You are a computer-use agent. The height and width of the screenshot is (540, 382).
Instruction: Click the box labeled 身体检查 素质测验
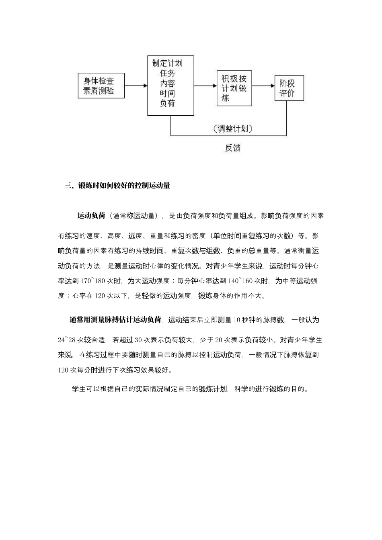tap(101, 86)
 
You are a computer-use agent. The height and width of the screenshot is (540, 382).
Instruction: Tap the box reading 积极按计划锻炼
tap(234, 88)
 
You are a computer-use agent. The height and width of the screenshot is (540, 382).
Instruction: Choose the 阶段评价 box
tap(289, 88)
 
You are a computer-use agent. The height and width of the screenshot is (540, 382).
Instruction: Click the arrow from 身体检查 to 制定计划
tap(136, 85)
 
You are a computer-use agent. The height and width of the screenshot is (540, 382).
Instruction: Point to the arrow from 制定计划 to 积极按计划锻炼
tap(205, 86)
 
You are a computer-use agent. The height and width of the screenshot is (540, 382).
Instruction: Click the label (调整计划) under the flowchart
tap(233, 129)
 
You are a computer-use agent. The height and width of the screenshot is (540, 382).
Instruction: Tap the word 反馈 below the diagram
tap(233, 147)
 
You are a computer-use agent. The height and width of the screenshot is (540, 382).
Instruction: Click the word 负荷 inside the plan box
tap(168, 103)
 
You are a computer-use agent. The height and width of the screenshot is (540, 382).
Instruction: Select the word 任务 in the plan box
tap(168, 73)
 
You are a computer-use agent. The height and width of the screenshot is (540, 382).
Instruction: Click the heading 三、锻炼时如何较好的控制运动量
tap(117, 186)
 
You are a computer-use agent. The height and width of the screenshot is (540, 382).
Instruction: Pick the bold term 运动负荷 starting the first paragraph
tap(91, 216)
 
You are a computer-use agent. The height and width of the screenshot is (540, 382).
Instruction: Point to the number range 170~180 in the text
tap(93, 281)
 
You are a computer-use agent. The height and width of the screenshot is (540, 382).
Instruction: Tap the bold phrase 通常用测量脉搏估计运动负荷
tap(115, 320)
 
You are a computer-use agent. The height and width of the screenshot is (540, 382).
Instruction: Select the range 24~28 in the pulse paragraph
tap(67, 340)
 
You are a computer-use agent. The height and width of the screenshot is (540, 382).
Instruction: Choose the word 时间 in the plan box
tap(168, 94)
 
